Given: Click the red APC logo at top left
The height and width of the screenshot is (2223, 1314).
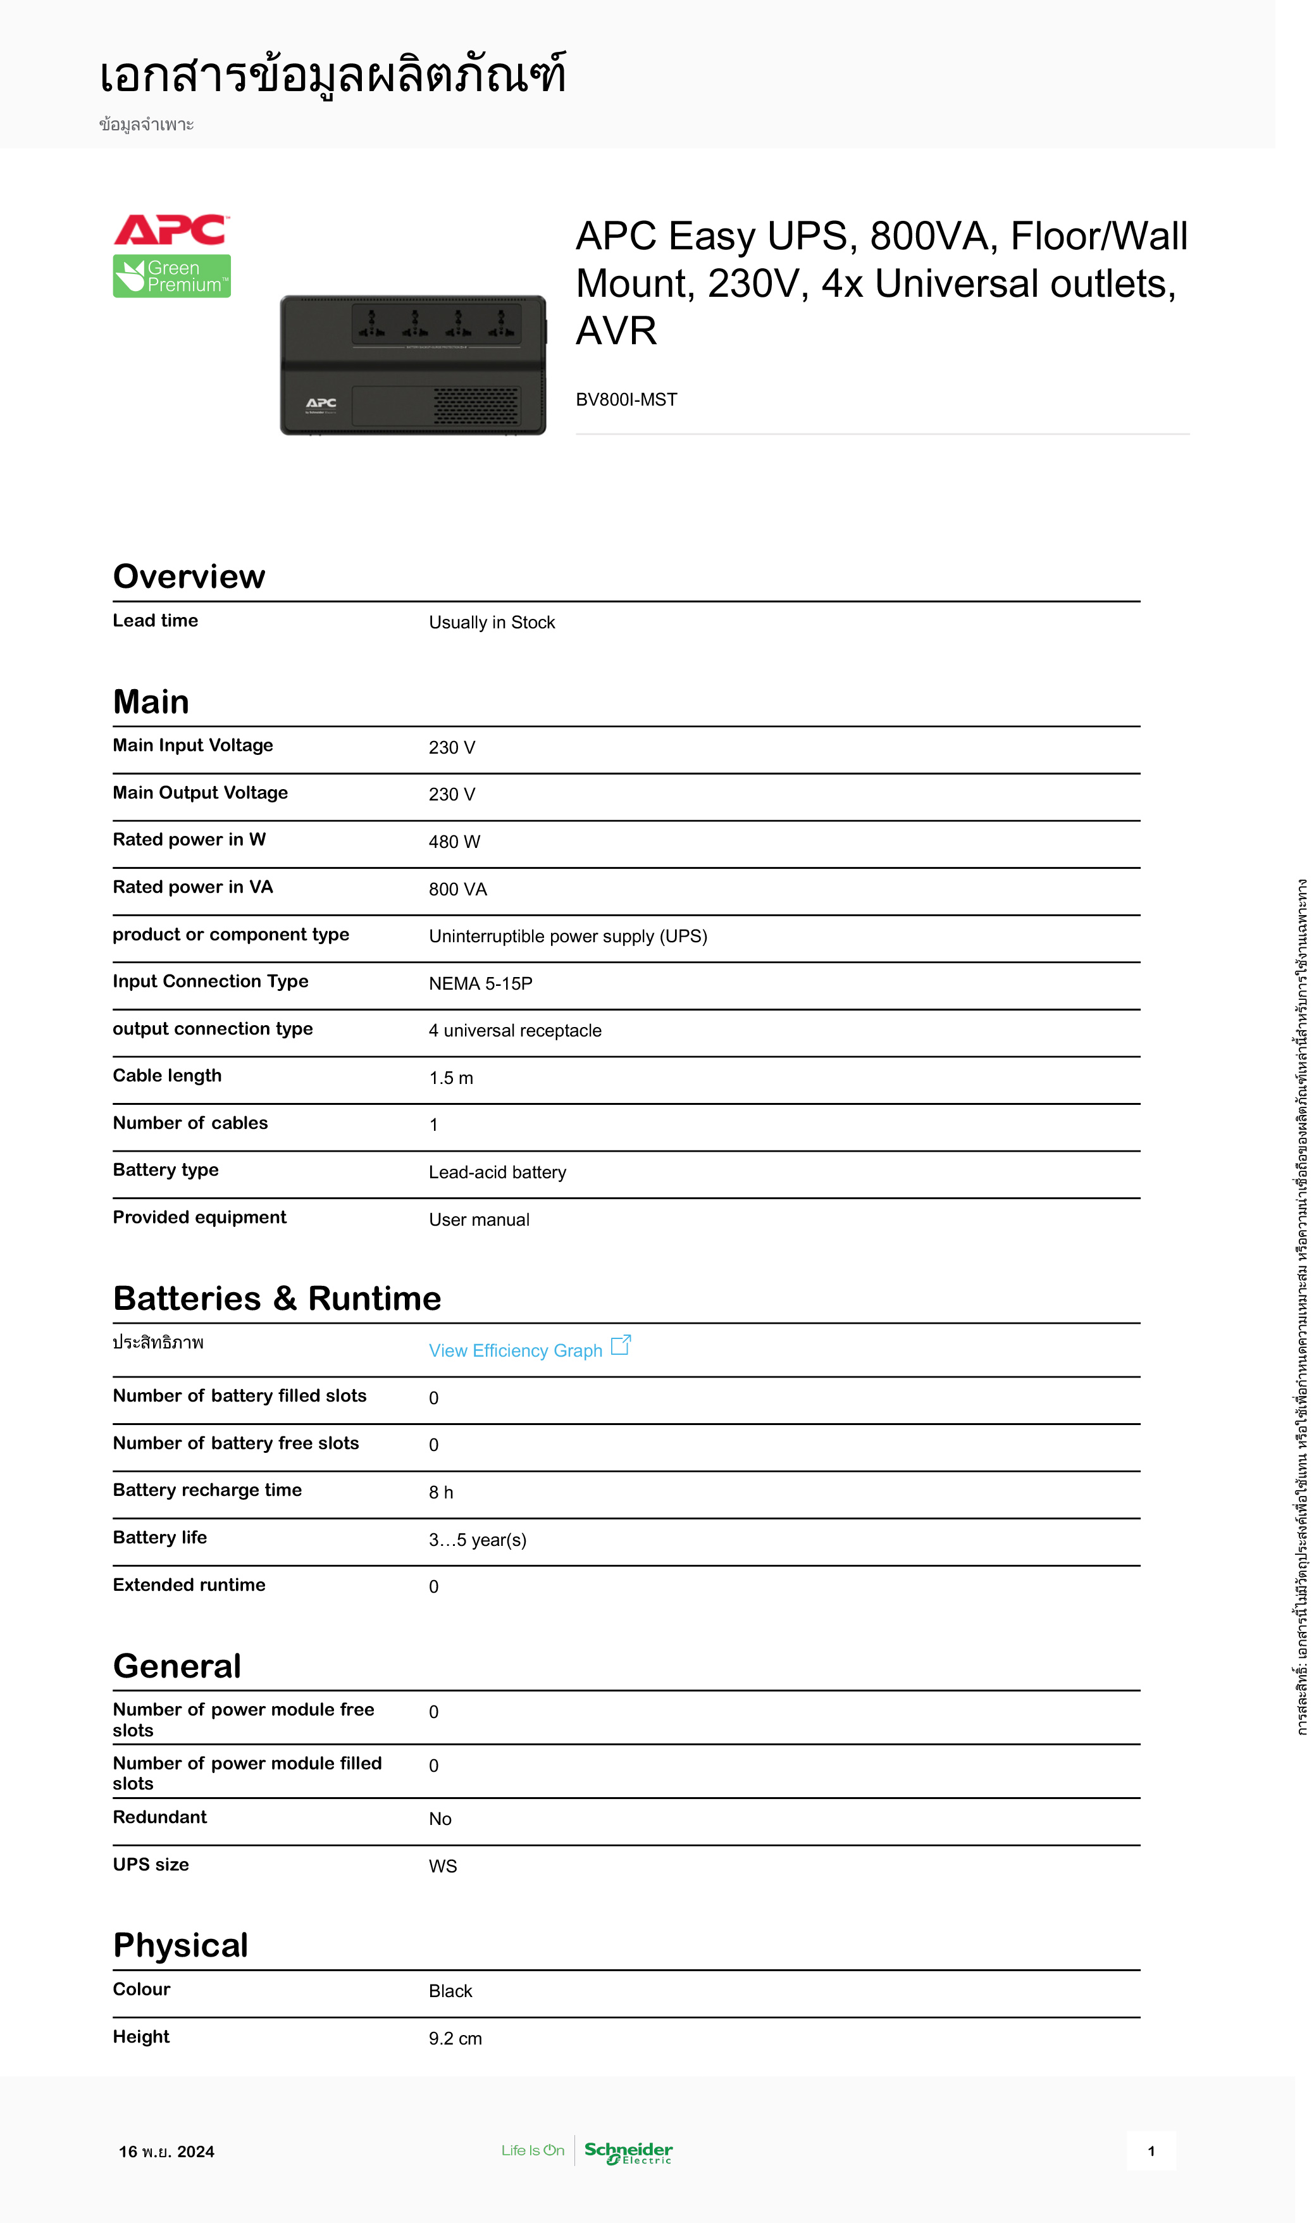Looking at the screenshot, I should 171,230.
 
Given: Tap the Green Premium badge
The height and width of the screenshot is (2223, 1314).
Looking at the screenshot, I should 172,277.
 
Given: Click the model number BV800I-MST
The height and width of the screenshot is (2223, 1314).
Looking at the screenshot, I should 626,399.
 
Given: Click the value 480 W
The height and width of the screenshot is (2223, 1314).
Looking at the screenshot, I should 454,842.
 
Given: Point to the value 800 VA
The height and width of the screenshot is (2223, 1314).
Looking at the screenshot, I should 458,889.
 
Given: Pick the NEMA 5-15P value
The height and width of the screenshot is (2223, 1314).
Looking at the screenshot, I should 481,983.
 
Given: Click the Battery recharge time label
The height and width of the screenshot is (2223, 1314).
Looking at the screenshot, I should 208,1490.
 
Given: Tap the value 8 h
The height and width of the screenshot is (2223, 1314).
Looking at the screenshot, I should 441,1492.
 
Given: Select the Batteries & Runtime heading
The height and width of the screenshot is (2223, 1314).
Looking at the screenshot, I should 277,1298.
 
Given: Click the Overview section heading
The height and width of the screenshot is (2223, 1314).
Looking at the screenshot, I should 189,576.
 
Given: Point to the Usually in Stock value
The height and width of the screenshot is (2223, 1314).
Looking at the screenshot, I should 492,623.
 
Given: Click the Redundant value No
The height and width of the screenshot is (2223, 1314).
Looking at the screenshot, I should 440,1819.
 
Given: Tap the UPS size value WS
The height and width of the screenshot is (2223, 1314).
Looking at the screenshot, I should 443,1866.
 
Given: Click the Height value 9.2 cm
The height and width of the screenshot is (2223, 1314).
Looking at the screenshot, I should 455,2038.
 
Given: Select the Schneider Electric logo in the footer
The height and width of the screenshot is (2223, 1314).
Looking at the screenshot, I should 628,2152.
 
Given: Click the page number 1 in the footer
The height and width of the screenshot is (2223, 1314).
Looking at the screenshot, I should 1150,2151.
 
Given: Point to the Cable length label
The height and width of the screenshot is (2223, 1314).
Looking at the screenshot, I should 168,1075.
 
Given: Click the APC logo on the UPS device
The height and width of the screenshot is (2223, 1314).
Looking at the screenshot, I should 321,404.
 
